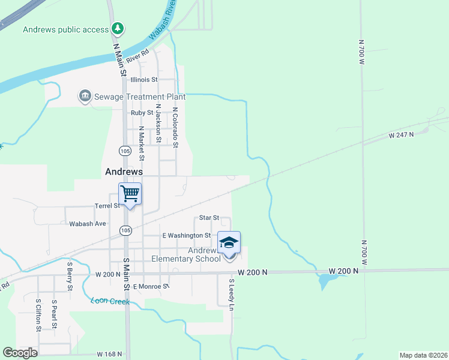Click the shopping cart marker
(130, 194)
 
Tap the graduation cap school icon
(229, 243)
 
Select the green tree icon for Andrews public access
(118, 28)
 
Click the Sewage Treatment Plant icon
(85, 96)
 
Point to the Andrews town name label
(124, 171)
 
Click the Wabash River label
(163, 20)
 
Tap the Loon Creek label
(110, 301)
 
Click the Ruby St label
(142, 112)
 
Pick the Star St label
(209, 218)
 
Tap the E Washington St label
(187, 236)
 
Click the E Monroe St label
(152, 287)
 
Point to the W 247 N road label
(402, 136)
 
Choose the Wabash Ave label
(88, 224)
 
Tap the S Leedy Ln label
(231, 294)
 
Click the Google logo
(20, 353)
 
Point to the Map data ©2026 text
(423, 355)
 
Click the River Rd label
(137, 55)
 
